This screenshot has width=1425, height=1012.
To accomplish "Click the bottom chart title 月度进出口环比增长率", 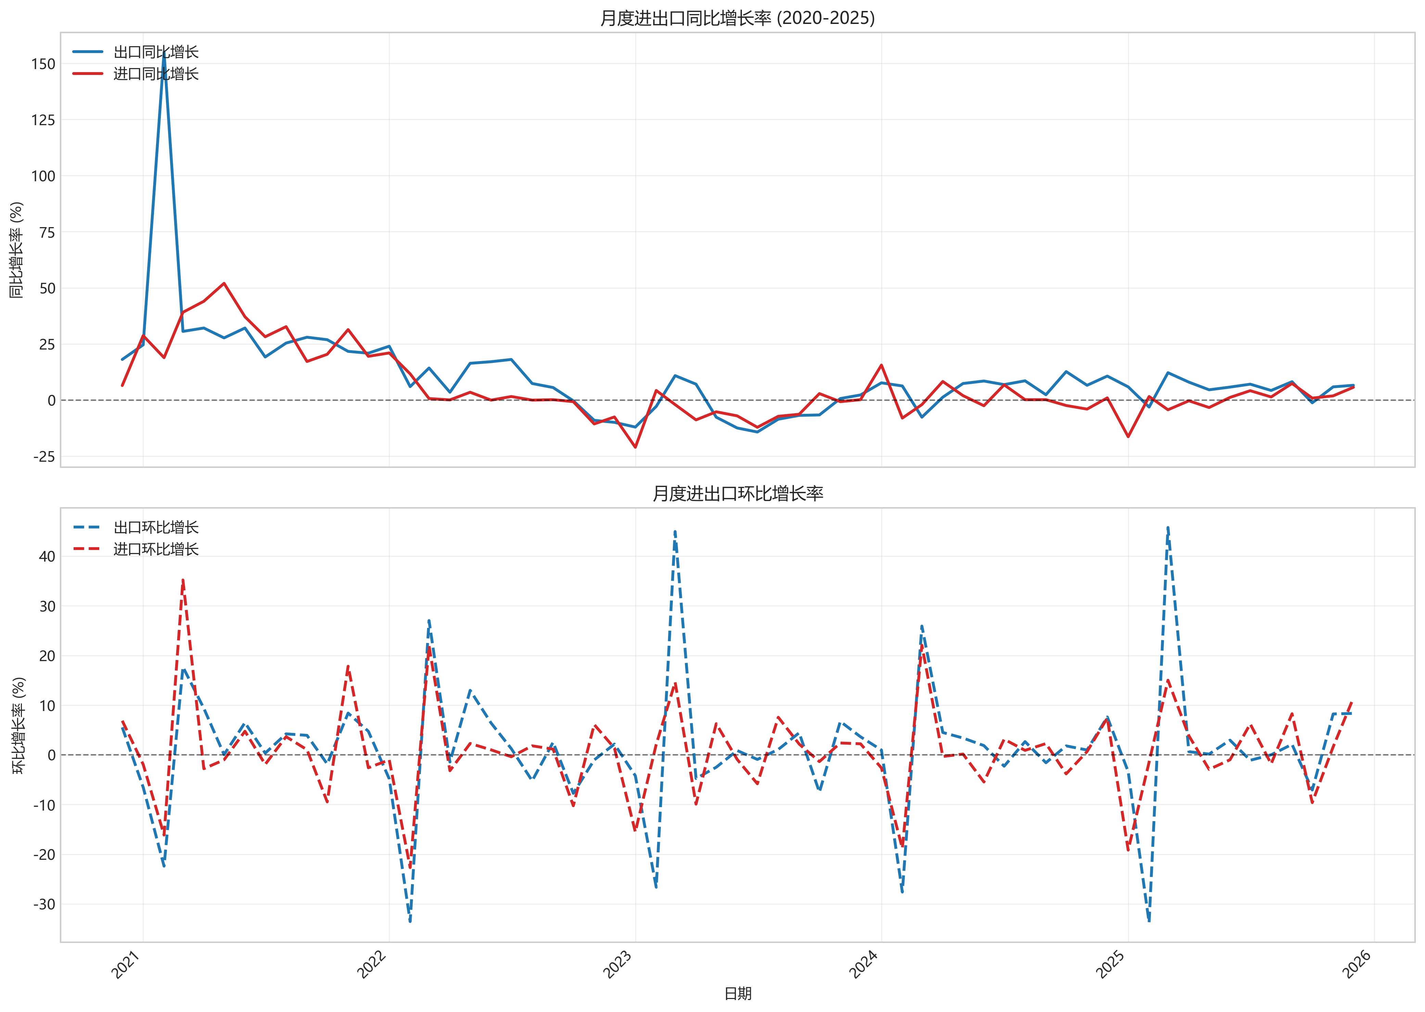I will pos(737,494).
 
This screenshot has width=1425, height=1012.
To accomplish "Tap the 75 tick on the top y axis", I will pos(47,233).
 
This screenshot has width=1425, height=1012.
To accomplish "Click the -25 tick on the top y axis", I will pos(44,457).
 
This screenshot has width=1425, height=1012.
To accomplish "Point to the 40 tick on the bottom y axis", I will pos(47,556).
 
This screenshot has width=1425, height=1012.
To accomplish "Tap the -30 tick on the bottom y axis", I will pos(44,904).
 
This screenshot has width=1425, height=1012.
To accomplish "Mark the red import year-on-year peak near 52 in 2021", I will pos(224,284).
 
